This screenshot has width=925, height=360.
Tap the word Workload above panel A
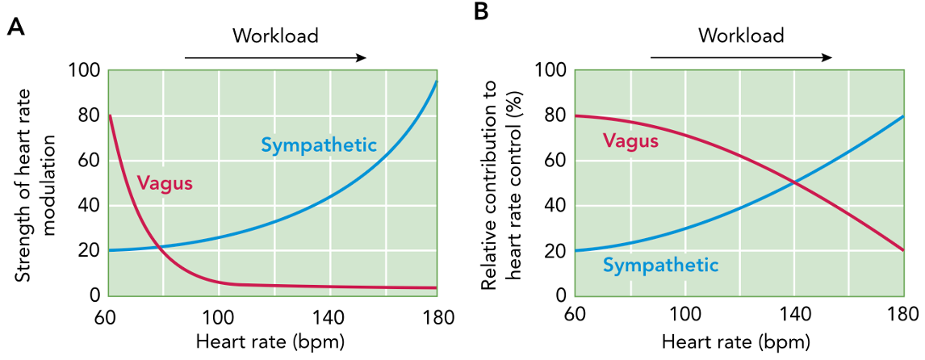tap(275, 36)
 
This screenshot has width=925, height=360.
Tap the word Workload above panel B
tap(741, 36)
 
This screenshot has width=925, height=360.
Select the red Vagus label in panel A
tap(165, 183)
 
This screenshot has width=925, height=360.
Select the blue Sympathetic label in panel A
tap(319, 145)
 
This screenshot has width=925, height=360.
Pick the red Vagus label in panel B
tap(631, 141)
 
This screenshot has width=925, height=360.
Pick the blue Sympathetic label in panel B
tap(661, 264)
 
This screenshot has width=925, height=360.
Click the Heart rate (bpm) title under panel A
tap(270, 341)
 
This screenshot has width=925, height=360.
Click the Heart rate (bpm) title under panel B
tap(736, 341)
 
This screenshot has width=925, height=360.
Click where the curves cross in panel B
tap(795, 183)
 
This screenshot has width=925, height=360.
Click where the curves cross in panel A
tap(159, 247)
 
